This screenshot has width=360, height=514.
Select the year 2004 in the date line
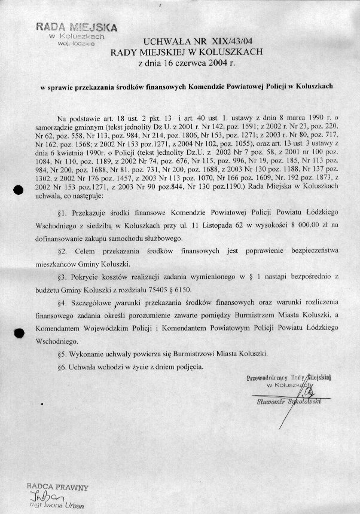click(210, 62)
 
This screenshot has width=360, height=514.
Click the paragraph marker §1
click(62, 212)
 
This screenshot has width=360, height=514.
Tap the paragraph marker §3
click(62, 278)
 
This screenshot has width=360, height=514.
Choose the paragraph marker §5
click(62, 353)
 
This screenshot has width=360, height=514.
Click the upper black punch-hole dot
click(19, 190)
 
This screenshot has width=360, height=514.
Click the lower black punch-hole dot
click(19, 334)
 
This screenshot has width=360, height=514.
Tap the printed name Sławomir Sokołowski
click(289, 402)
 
